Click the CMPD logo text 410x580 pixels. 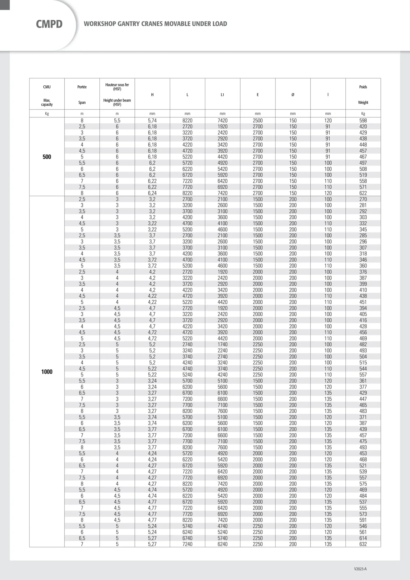pos(49,24)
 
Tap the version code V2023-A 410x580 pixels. pos(360,569)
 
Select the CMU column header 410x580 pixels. pos(47,87)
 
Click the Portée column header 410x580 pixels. pos(82,87)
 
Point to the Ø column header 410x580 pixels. pos(293,95)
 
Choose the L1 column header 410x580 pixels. pos(222,95)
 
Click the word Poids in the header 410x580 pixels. pos(363,87)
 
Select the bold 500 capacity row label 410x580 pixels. pos(47,157)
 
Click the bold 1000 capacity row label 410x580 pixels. pos(47,372)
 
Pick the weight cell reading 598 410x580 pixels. pos(363,121)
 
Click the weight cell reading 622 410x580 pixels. pos(363,193)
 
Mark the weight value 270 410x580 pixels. pos(363,199)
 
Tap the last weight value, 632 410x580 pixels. pos(363,544)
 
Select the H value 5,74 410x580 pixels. pos(152,121)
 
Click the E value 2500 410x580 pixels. pos(258,121)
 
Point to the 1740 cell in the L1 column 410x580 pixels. pos(222,344)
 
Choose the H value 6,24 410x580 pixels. pos(152,193)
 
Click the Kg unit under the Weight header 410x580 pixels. pos(363,114)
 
